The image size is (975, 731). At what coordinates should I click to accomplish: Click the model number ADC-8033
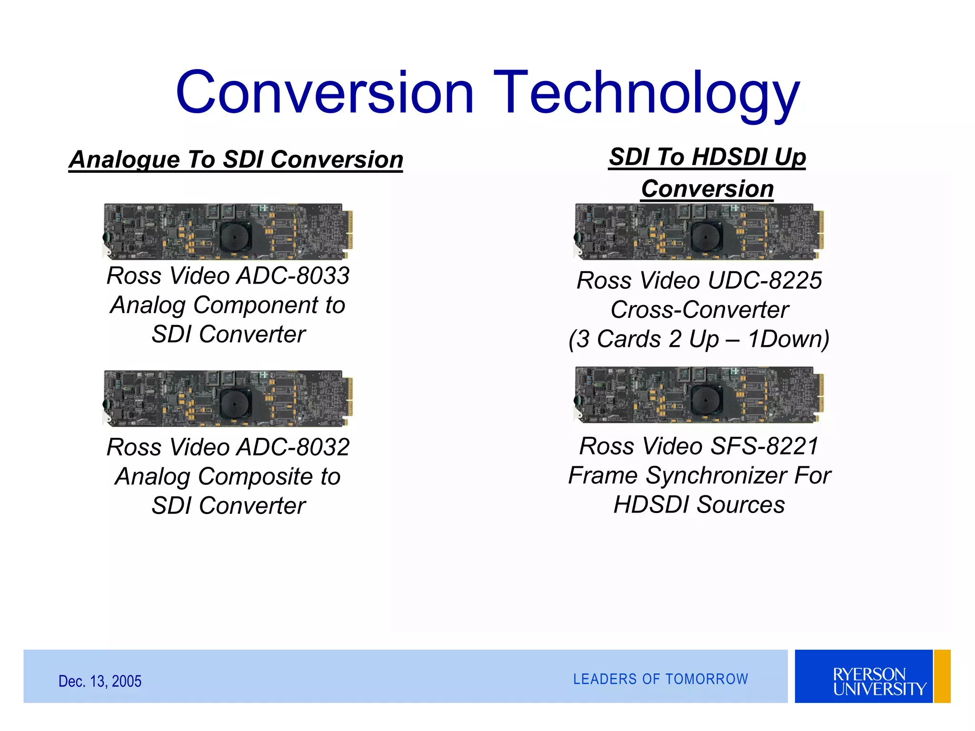[293, 276]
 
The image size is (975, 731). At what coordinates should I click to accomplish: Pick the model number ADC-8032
[293, 447]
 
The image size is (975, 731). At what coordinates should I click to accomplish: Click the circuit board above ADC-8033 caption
[228, 231]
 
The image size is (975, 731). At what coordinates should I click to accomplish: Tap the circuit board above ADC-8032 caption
[228, 398]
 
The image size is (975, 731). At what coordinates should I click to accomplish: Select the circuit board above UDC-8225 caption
[699, 231]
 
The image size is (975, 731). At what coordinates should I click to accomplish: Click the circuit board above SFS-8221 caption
[699, 395]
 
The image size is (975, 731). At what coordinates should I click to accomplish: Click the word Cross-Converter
[699, 310]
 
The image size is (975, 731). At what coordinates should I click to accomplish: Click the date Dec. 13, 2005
[99, 681]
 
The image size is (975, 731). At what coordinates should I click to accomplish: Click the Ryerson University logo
[864, 676]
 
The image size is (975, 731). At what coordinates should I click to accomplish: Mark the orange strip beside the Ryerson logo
[942, 676]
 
